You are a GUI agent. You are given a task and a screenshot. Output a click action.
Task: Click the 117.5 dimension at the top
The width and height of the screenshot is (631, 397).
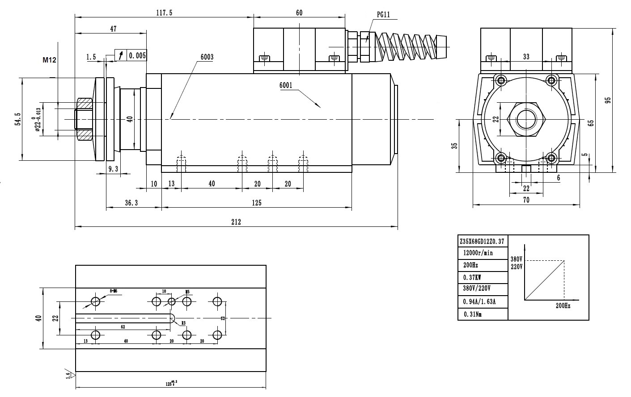pos(164,13)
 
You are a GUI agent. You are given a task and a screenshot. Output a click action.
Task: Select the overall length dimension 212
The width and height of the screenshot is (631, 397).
pos(236,222)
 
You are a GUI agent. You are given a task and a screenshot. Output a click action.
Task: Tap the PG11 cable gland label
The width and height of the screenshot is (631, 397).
pos(383,14)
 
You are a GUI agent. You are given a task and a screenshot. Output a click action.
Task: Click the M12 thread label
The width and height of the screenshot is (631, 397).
pos(49,60)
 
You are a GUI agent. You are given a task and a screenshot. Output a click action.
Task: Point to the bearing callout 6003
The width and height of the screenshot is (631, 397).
pos(207,57)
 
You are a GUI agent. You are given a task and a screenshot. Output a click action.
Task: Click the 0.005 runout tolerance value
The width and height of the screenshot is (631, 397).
pos(137,55)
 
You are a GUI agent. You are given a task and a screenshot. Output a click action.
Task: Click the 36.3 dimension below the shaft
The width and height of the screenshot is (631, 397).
pos(131,203)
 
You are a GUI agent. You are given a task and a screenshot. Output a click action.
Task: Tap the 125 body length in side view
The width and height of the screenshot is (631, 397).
pos(256,203)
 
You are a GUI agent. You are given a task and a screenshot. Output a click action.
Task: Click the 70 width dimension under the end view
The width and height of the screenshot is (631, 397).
pos(526,201)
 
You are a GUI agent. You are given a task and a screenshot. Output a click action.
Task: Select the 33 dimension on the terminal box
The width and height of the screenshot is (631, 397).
pos(526,57)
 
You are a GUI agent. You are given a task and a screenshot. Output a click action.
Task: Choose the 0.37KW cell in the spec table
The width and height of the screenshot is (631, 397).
pos(472,277)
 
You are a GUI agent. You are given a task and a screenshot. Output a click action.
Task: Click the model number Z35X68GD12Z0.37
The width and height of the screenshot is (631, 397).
pos(482,241)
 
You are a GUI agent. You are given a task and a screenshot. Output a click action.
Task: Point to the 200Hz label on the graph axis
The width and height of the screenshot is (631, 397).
pos(563,306)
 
